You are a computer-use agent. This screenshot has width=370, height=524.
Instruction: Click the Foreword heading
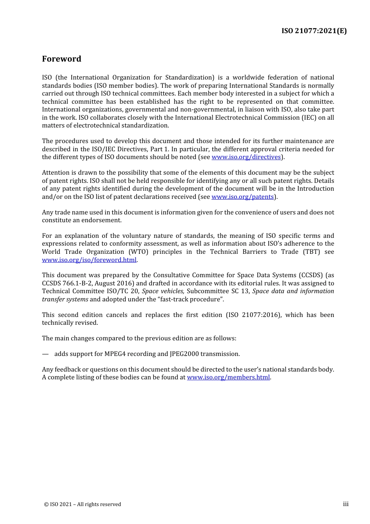62,59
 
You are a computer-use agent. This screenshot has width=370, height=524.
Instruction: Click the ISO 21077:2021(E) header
314,31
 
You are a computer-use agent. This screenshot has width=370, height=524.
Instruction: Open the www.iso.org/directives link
246,157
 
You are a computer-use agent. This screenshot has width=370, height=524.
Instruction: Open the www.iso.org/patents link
242,197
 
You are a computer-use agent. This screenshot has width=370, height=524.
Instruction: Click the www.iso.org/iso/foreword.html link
89,260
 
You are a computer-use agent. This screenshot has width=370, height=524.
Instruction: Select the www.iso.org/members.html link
228,377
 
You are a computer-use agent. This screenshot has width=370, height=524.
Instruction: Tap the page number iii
345,504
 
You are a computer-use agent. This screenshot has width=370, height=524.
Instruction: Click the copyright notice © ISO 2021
82,505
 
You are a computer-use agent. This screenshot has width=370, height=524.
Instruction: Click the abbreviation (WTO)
138,252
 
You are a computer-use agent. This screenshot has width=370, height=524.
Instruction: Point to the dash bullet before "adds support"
46,354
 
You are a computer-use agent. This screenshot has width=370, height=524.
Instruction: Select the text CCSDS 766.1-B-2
66,283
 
